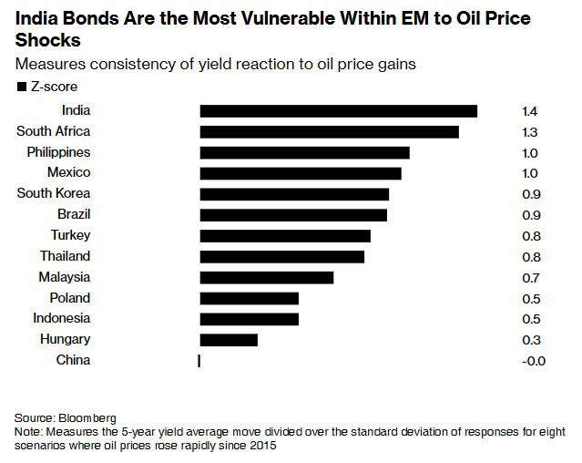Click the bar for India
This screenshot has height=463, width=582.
[x=338, y=111]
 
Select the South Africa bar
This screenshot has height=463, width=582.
[x=329, y=131]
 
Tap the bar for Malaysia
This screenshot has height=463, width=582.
[x=267, y=277]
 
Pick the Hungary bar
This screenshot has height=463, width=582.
[x=229, y=340]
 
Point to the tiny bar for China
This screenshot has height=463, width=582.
[x=199, y=361]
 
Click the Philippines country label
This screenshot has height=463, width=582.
[x=58, y=152]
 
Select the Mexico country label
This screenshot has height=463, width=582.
[x=68, y=173]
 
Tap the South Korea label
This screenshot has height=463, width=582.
[x=54, y=193]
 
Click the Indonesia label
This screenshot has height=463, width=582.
[x=62, y=318]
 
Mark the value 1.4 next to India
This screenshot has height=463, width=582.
[x=530, y=111]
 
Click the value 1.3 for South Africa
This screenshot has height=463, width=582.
[x=530, y=132]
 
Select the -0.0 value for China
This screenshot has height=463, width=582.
[x=532, y=361]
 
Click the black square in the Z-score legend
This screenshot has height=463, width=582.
[x=22, y=87]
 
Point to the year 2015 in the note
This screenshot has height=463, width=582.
[x=260, y=446]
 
